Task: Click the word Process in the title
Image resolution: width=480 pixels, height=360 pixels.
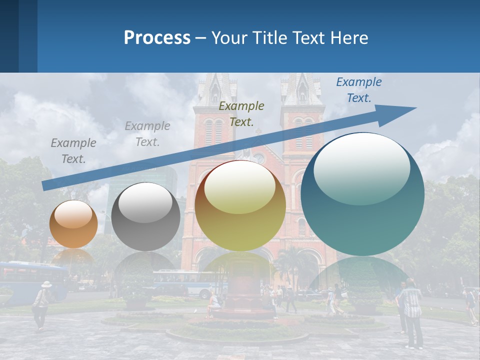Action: click(157, 38)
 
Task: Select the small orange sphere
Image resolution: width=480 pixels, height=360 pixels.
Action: click(73, 224)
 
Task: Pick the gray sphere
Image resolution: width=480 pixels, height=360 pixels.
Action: click(145, 216)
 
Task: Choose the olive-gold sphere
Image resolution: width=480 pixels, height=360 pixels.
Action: click(240, 205)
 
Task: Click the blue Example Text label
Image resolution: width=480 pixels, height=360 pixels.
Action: click(358, 90)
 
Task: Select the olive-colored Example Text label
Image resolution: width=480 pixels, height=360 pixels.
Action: click(241, 113)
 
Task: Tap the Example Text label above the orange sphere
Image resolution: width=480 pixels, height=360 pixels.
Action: click(73, 151)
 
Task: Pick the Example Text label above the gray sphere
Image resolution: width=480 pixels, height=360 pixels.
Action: click(147, 133)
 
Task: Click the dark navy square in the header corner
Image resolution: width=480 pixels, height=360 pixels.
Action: click(9, 36)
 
